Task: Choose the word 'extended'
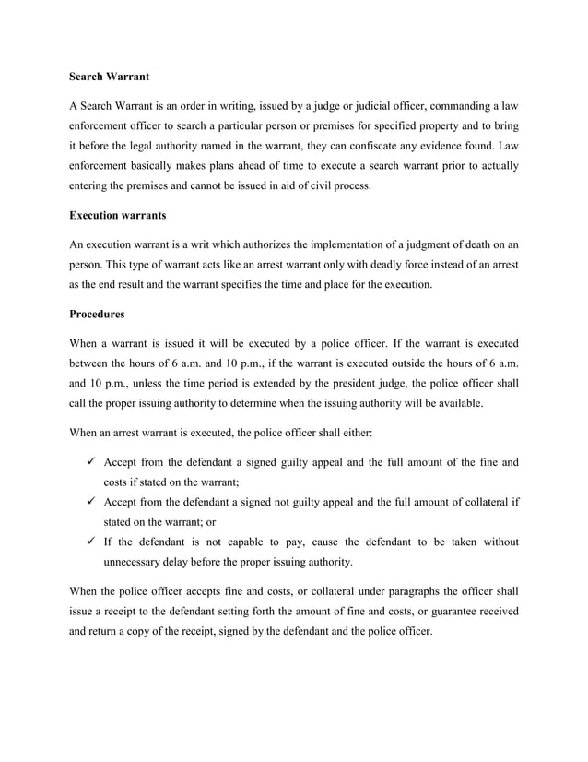coord(291,382)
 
